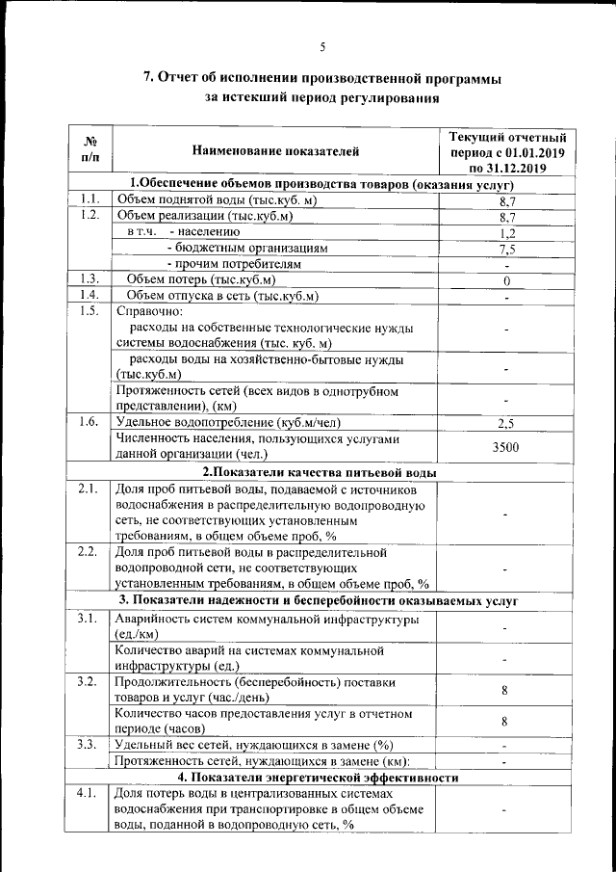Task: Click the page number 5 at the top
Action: tap(322, 46)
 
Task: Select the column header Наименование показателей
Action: tap(275, 150)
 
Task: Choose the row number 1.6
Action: tap(89, 422)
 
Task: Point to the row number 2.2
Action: tap(89, 552)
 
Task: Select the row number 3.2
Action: tap(89, 682)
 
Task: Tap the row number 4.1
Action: tap(89, 792)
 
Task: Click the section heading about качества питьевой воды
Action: tap(320, 472)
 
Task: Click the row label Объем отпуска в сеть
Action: tap(222, 295)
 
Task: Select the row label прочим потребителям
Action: tap(234, 263)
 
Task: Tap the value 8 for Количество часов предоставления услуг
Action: tap(505, 722)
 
